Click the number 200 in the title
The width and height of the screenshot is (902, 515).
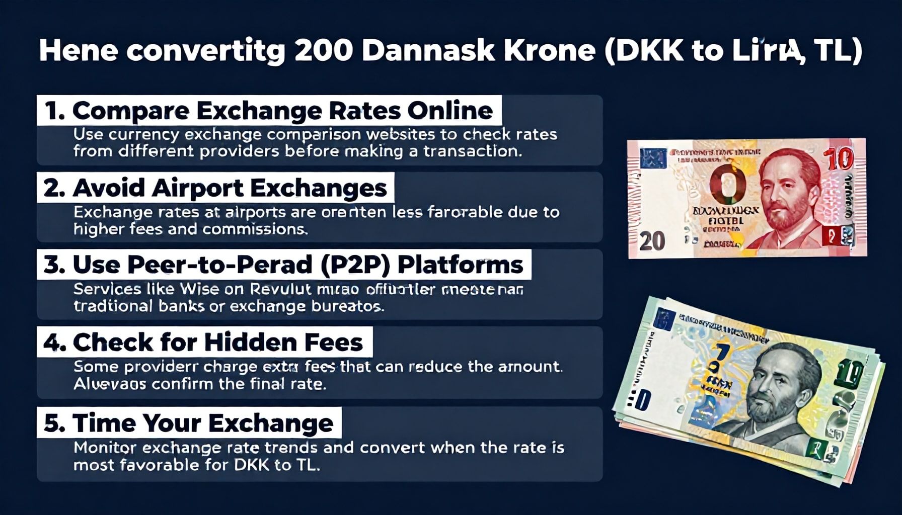(x=323, y=50)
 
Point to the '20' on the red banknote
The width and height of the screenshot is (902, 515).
(x=652, y=241)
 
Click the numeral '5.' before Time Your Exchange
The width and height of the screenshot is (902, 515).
(x=54, y=423)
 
